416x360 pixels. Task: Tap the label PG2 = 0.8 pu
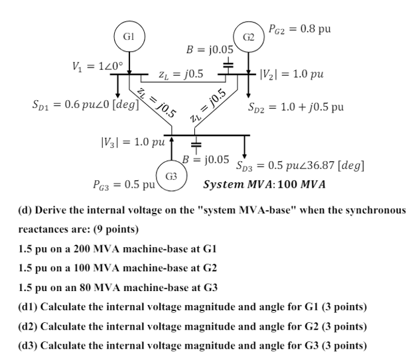300,29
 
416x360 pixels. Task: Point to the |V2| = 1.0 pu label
292,73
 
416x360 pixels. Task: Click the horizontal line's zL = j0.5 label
181,74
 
